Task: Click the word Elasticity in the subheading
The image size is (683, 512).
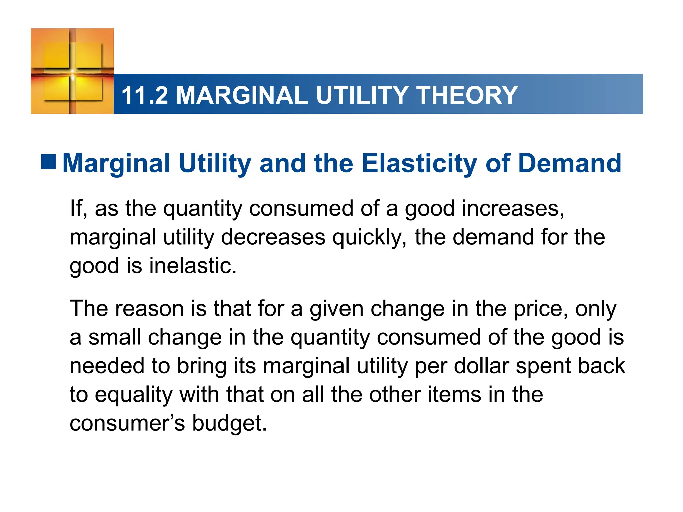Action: [419, 164]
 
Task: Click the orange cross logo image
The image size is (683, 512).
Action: [72, 71]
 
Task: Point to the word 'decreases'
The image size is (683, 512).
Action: [273, 237]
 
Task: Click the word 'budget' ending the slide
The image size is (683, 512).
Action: [229, 423]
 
